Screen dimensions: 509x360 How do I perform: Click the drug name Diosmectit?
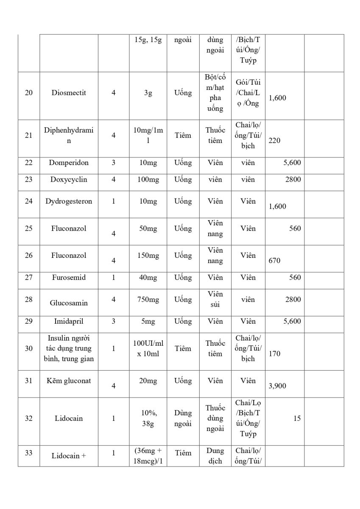point(69,93)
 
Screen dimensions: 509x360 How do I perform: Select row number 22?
point(29,163)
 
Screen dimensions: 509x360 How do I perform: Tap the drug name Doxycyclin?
point(69,179)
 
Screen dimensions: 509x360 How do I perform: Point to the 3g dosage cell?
point(148,93)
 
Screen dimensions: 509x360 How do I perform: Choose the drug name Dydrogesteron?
point(69,201)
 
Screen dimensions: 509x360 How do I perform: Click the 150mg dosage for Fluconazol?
point(148,255)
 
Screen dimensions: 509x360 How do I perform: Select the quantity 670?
point(274,260)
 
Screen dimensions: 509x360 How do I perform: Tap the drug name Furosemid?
point(69,277)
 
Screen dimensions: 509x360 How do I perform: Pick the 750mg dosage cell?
point(148,299)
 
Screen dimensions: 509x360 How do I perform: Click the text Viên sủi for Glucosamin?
point(215,299)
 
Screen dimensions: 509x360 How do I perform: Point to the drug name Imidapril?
point(69,321)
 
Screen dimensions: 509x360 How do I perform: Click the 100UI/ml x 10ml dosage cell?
point(148,348)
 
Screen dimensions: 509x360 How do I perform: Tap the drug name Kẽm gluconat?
point(69,381)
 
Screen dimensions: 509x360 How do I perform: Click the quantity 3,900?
point(277,386)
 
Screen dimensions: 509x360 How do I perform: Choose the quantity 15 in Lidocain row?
point(297,418)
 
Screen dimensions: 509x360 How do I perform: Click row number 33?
point(29,453)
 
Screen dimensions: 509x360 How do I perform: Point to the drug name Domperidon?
point(69,163)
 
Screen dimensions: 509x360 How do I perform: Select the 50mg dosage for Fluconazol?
point(148,228)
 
